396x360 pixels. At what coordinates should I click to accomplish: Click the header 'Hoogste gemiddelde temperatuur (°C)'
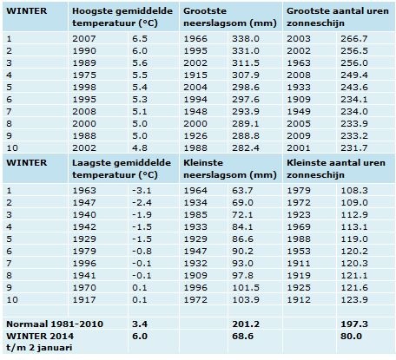tap(122, 16)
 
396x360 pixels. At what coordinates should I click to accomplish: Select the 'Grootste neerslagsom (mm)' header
tap(230, 16)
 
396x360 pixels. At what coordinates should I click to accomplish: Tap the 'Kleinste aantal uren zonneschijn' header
tap(336, 168)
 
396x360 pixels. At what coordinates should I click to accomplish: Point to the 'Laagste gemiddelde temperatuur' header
tap(122, 168)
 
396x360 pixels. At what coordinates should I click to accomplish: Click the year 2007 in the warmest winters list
tap(84, 38)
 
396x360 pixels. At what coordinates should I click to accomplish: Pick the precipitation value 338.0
tap(246, 38)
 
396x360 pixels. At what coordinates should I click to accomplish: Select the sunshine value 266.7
tap(354, 38)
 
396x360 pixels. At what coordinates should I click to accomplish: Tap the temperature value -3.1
tap(142, 191)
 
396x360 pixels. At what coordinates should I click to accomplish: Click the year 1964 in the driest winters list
tap(195, 191)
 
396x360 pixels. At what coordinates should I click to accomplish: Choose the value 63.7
tap(242, 191)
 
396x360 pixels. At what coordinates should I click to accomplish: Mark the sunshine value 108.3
tap(354, 191)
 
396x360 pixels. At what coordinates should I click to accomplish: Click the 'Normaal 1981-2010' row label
tap(55, 324)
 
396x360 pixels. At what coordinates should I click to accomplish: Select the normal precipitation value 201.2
tap(246, 324)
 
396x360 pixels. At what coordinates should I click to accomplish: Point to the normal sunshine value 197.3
tap(354, 324)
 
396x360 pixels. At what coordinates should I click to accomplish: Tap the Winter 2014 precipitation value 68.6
tap(242, 336)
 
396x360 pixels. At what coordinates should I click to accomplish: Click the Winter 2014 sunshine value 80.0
tap(351, 336)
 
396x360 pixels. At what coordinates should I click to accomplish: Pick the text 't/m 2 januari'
tap(39, 347)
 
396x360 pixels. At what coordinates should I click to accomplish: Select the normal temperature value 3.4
tap(140, 324)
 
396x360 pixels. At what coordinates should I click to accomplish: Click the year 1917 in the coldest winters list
tap(84, 299)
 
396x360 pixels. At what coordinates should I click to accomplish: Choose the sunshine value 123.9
tap(354, 299)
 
